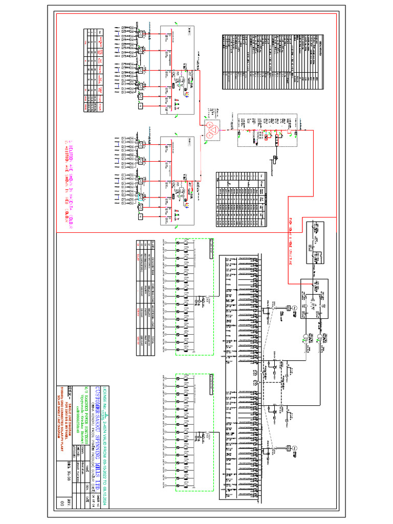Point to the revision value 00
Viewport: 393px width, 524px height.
[x=62, y=504]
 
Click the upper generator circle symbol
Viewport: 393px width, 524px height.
[x=294, y=307]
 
